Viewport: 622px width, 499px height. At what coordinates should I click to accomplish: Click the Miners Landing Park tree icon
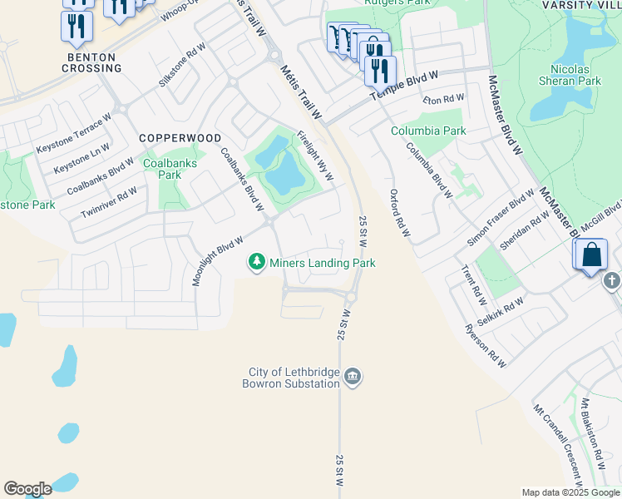258,263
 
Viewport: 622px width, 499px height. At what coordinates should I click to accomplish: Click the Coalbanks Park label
170,169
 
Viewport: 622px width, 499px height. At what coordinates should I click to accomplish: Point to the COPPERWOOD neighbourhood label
180,138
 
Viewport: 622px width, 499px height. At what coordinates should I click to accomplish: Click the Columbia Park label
429,131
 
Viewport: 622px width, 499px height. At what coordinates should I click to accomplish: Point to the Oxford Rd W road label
400,213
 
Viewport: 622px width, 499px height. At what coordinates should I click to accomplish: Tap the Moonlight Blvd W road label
218,260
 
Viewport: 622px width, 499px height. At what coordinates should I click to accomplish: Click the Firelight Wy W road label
315,154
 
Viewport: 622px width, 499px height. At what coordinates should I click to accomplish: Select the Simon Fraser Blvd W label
500,218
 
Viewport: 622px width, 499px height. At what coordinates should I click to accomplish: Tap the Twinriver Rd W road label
109,203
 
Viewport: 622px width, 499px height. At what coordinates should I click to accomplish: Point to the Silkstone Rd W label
182,65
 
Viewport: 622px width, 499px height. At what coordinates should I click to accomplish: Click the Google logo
27,489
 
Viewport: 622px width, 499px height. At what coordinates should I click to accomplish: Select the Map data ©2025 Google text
569,492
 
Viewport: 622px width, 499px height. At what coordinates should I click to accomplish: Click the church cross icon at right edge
612,281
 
